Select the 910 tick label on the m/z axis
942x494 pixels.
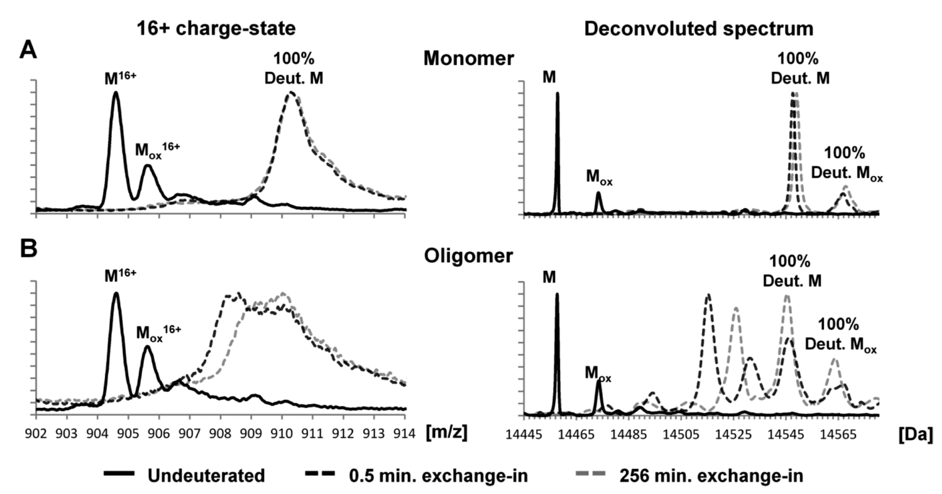282,434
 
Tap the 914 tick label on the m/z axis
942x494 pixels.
405,434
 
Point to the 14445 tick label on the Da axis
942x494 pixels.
524,435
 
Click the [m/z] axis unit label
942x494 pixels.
447,433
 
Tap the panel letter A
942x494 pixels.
28,50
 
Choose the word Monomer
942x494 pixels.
469,59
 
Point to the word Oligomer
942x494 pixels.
469,256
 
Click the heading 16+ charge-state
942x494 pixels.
216,29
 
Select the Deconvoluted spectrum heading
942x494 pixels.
698,29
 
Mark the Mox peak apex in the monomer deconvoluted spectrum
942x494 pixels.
598,193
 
